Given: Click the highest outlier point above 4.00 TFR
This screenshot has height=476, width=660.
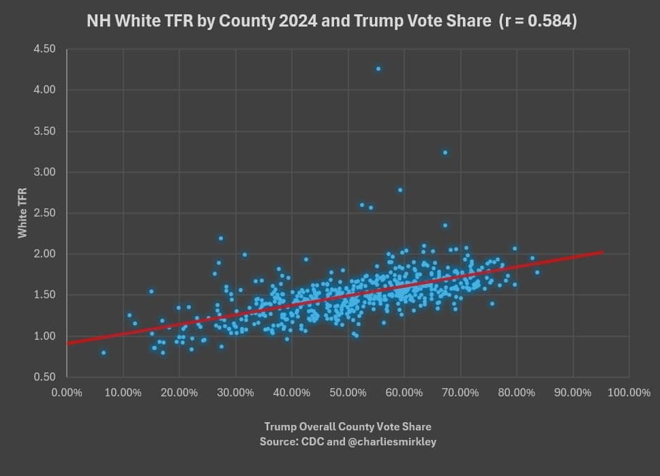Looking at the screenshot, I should coord(378,69).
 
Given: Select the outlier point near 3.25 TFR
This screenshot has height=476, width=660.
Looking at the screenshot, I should coord(445,153).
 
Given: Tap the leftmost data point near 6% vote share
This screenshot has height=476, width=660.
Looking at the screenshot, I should coord(104,353).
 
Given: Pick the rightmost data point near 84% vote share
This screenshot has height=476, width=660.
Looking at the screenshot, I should coord(537,272).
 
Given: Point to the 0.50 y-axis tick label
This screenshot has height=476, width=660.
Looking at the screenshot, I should coord(44,377).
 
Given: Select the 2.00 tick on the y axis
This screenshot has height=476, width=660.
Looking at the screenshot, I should coord(44,254).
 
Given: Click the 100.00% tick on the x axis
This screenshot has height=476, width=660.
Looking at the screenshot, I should coord(628,393).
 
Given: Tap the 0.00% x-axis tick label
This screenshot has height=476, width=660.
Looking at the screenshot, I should coord(66,393).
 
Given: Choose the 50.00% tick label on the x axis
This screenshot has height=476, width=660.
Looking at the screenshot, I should coord(348,393).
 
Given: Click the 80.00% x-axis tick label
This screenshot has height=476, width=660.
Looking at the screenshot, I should coord(516,393).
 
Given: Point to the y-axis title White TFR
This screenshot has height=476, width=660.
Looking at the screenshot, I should coord(22,213).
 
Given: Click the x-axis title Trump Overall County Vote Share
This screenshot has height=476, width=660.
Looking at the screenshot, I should coord(348,427).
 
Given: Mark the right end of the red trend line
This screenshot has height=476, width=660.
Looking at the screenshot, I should coord(603,252).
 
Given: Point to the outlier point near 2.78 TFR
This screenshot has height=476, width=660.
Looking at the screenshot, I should coord(400,190).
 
